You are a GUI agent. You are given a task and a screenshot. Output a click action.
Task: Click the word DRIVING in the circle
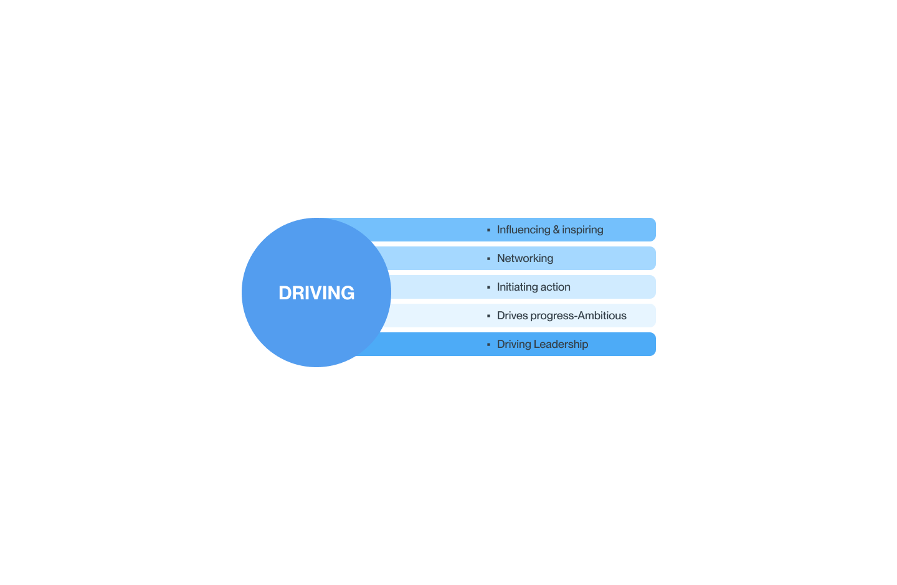[x=316, y=292]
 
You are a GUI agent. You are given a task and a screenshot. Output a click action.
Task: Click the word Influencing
[x=523, y=230]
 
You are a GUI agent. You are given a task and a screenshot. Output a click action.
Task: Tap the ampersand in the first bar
[x=556, y=230]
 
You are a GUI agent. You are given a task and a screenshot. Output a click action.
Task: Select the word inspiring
[x=582, y=230]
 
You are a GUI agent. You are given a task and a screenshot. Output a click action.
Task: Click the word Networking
[x=525, y=258]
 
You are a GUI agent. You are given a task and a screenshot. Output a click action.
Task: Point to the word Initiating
[x=517, y=287]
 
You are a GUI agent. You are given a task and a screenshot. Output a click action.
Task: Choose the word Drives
[x=512, y=316]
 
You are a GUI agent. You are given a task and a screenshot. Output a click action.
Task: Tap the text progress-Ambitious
[x=578, y=316]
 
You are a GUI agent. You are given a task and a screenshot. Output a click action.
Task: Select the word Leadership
[x=561, y=345]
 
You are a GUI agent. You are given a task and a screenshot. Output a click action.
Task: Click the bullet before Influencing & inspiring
[x=488, y=230]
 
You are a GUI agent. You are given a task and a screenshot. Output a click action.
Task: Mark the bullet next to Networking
[x=488, y=259]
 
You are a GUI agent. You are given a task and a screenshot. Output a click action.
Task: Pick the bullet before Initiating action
[x=488, y=288]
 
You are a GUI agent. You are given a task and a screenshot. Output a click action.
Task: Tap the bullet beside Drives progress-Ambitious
[x=488, y=316]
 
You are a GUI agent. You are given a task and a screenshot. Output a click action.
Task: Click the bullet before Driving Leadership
[x=488, y=345]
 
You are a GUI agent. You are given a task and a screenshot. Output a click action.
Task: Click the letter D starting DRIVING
[x=285, y=292]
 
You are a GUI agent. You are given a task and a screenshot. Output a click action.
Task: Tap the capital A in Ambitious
[x=581, y=316]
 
